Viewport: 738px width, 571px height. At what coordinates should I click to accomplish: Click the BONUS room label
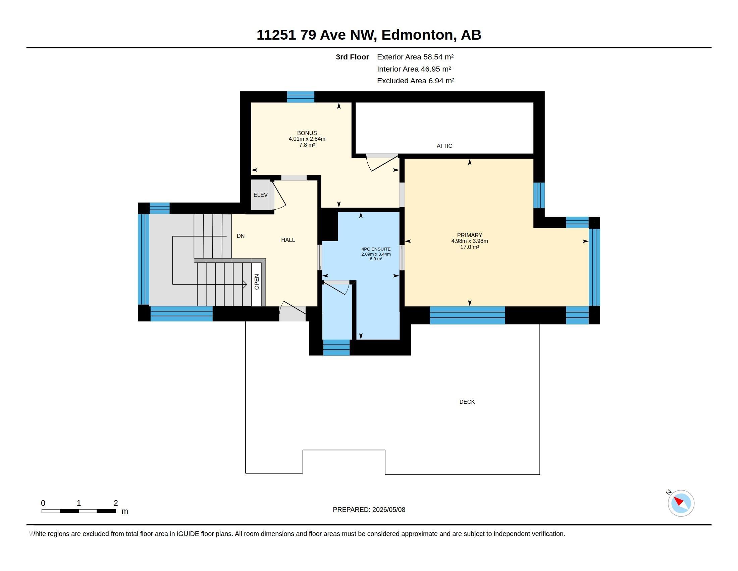pyautogui.click(x=307, y=133)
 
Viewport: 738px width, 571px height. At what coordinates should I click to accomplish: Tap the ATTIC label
pyautogui.click(x=444, y=146)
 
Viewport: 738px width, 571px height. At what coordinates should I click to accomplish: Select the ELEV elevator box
pyautogui.click(x=261, y=195)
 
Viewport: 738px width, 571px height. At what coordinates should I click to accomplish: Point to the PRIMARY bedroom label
pyautogui.click(x=469, y=235)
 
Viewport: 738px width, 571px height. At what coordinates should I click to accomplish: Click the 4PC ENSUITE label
pyautogui.click(x=376, y=249)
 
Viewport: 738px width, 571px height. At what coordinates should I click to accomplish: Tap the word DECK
pyautogui.click(x=467, y=402)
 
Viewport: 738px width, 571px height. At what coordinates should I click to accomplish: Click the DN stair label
pyautogui.click(x=241, y=236)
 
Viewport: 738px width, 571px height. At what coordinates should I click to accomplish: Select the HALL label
pyautogui.click(x=288, y=240)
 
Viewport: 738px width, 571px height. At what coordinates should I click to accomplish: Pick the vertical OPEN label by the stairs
pyautogui.click(x=257, y=282)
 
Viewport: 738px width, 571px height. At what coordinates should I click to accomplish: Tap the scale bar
pyautogui.click(x=79, y=511)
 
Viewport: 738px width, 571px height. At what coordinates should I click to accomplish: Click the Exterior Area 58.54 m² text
pyautogui.click(x=415, y=57)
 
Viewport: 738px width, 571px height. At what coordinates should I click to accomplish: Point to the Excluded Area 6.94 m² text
pyautogui.click(x=416, y=81)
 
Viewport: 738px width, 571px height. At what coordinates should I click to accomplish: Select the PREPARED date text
pyautogui.click(x=369, y=510)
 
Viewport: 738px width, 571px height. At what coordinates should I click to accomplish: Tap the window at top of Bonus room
pyautogui.click(x=301, y=97)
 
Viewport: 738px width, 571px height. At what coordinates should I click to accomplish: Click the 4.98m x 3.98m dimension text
pyautogui.click(x=469, y=241)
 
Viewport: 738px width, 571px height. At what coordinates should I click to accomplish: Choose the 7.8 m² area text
pyautogui.click(x=307, y=145)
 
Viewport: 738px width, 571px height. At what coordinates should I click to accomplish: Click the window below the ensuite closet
pyautogui.click(x=336, y=347)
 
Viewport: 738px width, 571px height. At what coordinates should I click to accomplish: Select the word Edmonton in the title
pyautogui.click(x=417, y=35)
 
